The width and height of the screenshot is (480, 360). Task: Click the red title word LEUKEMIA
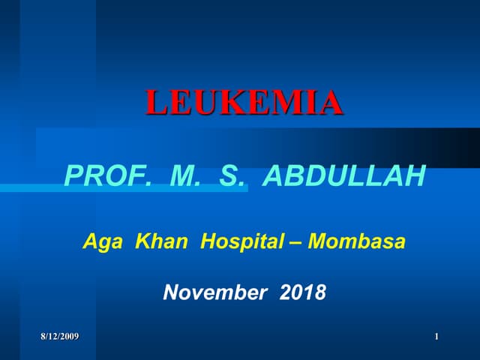point(244,102)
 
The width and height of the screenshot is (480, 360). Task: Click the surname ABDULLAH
point(346,176)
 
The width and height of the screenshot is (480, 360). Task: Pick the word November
point(214,292)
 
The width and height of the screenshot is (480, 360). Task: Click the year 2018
point(302,292)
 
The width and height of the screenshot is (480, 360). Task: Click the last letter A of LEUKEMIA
point(331,102)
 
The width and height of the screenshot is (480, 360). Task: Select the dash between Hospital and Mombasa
point(297,243)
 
